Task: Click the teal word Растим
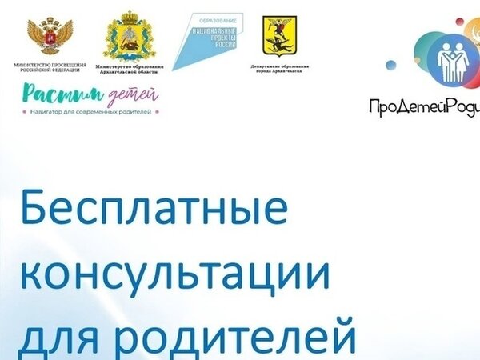point(51,94)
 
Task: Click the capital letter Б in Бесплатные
point(35,210)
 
